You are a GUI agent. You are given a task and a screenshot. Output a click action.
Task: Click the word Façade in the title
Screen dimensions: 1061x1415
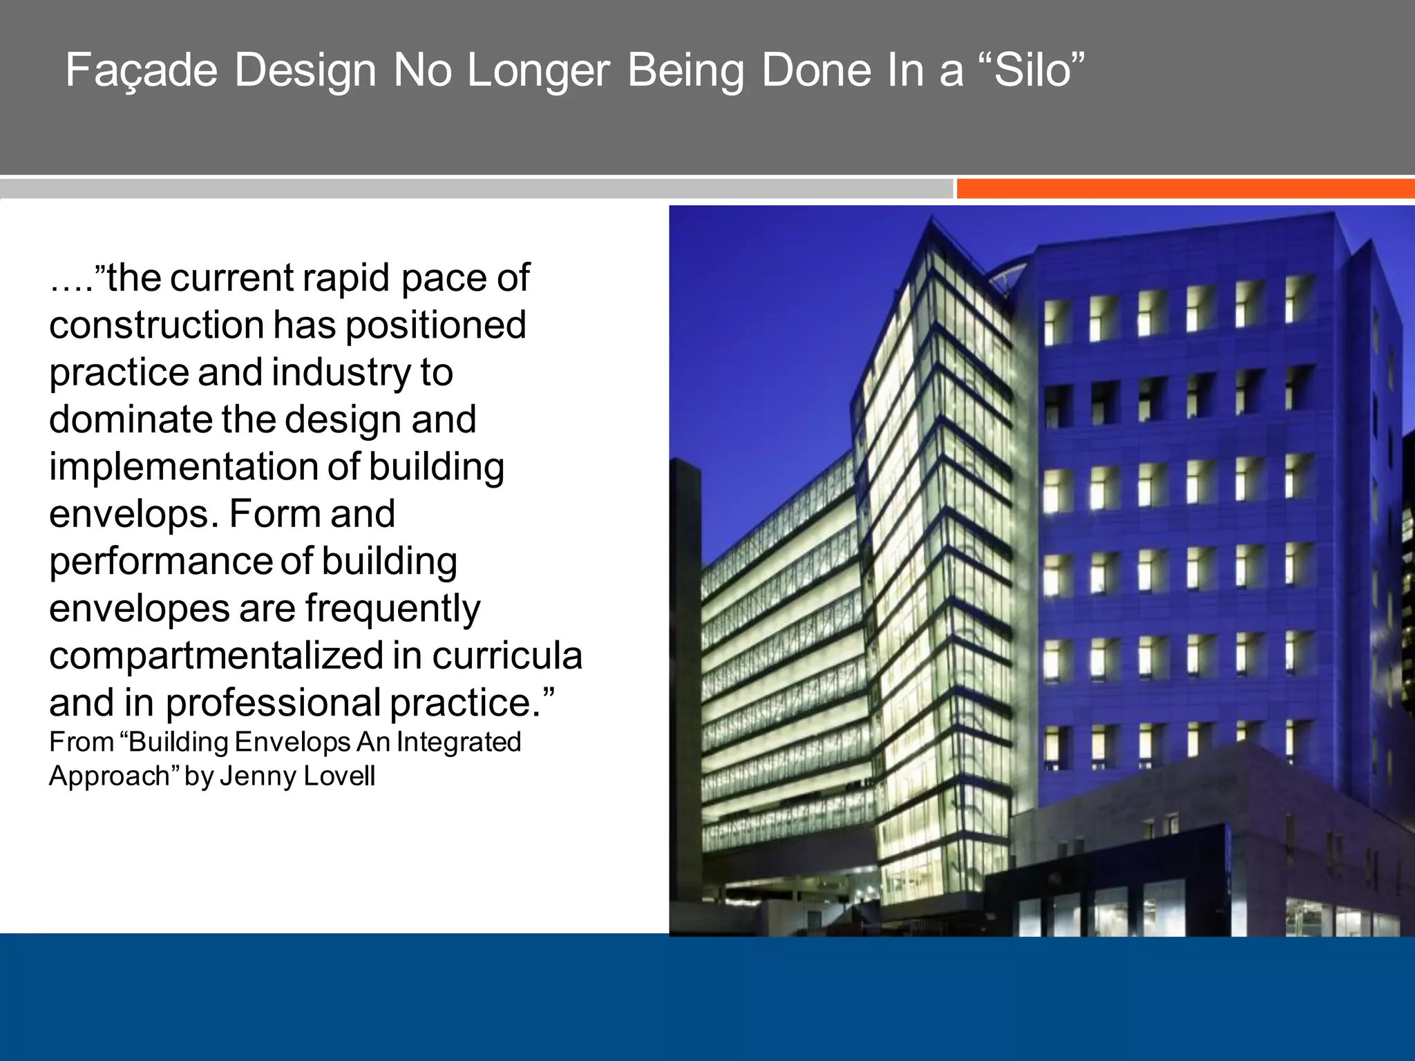141,70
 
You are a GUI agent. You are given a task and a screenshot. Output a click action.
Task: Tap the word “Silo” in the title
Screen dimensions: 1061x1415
1039,70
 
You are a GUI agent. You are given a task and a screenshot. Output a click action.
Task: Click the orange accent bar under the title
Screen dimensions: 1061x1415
1184,189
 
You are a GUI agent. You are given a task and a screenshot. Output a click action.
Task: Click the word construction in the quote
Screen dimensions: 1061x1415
156,325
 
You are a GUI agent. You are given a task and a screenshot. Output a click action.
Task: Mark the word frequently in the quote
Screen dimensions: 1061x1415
392,609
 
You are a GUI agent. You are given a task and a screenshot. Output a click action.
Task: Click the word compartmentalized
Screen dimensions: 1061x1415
216,656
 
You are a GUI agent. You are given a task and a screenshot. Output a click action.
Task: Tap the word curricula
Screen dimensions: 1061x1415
507,656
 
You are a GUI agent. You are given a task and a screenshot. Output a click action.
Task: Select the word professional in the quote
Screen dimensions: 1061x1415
273,703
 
